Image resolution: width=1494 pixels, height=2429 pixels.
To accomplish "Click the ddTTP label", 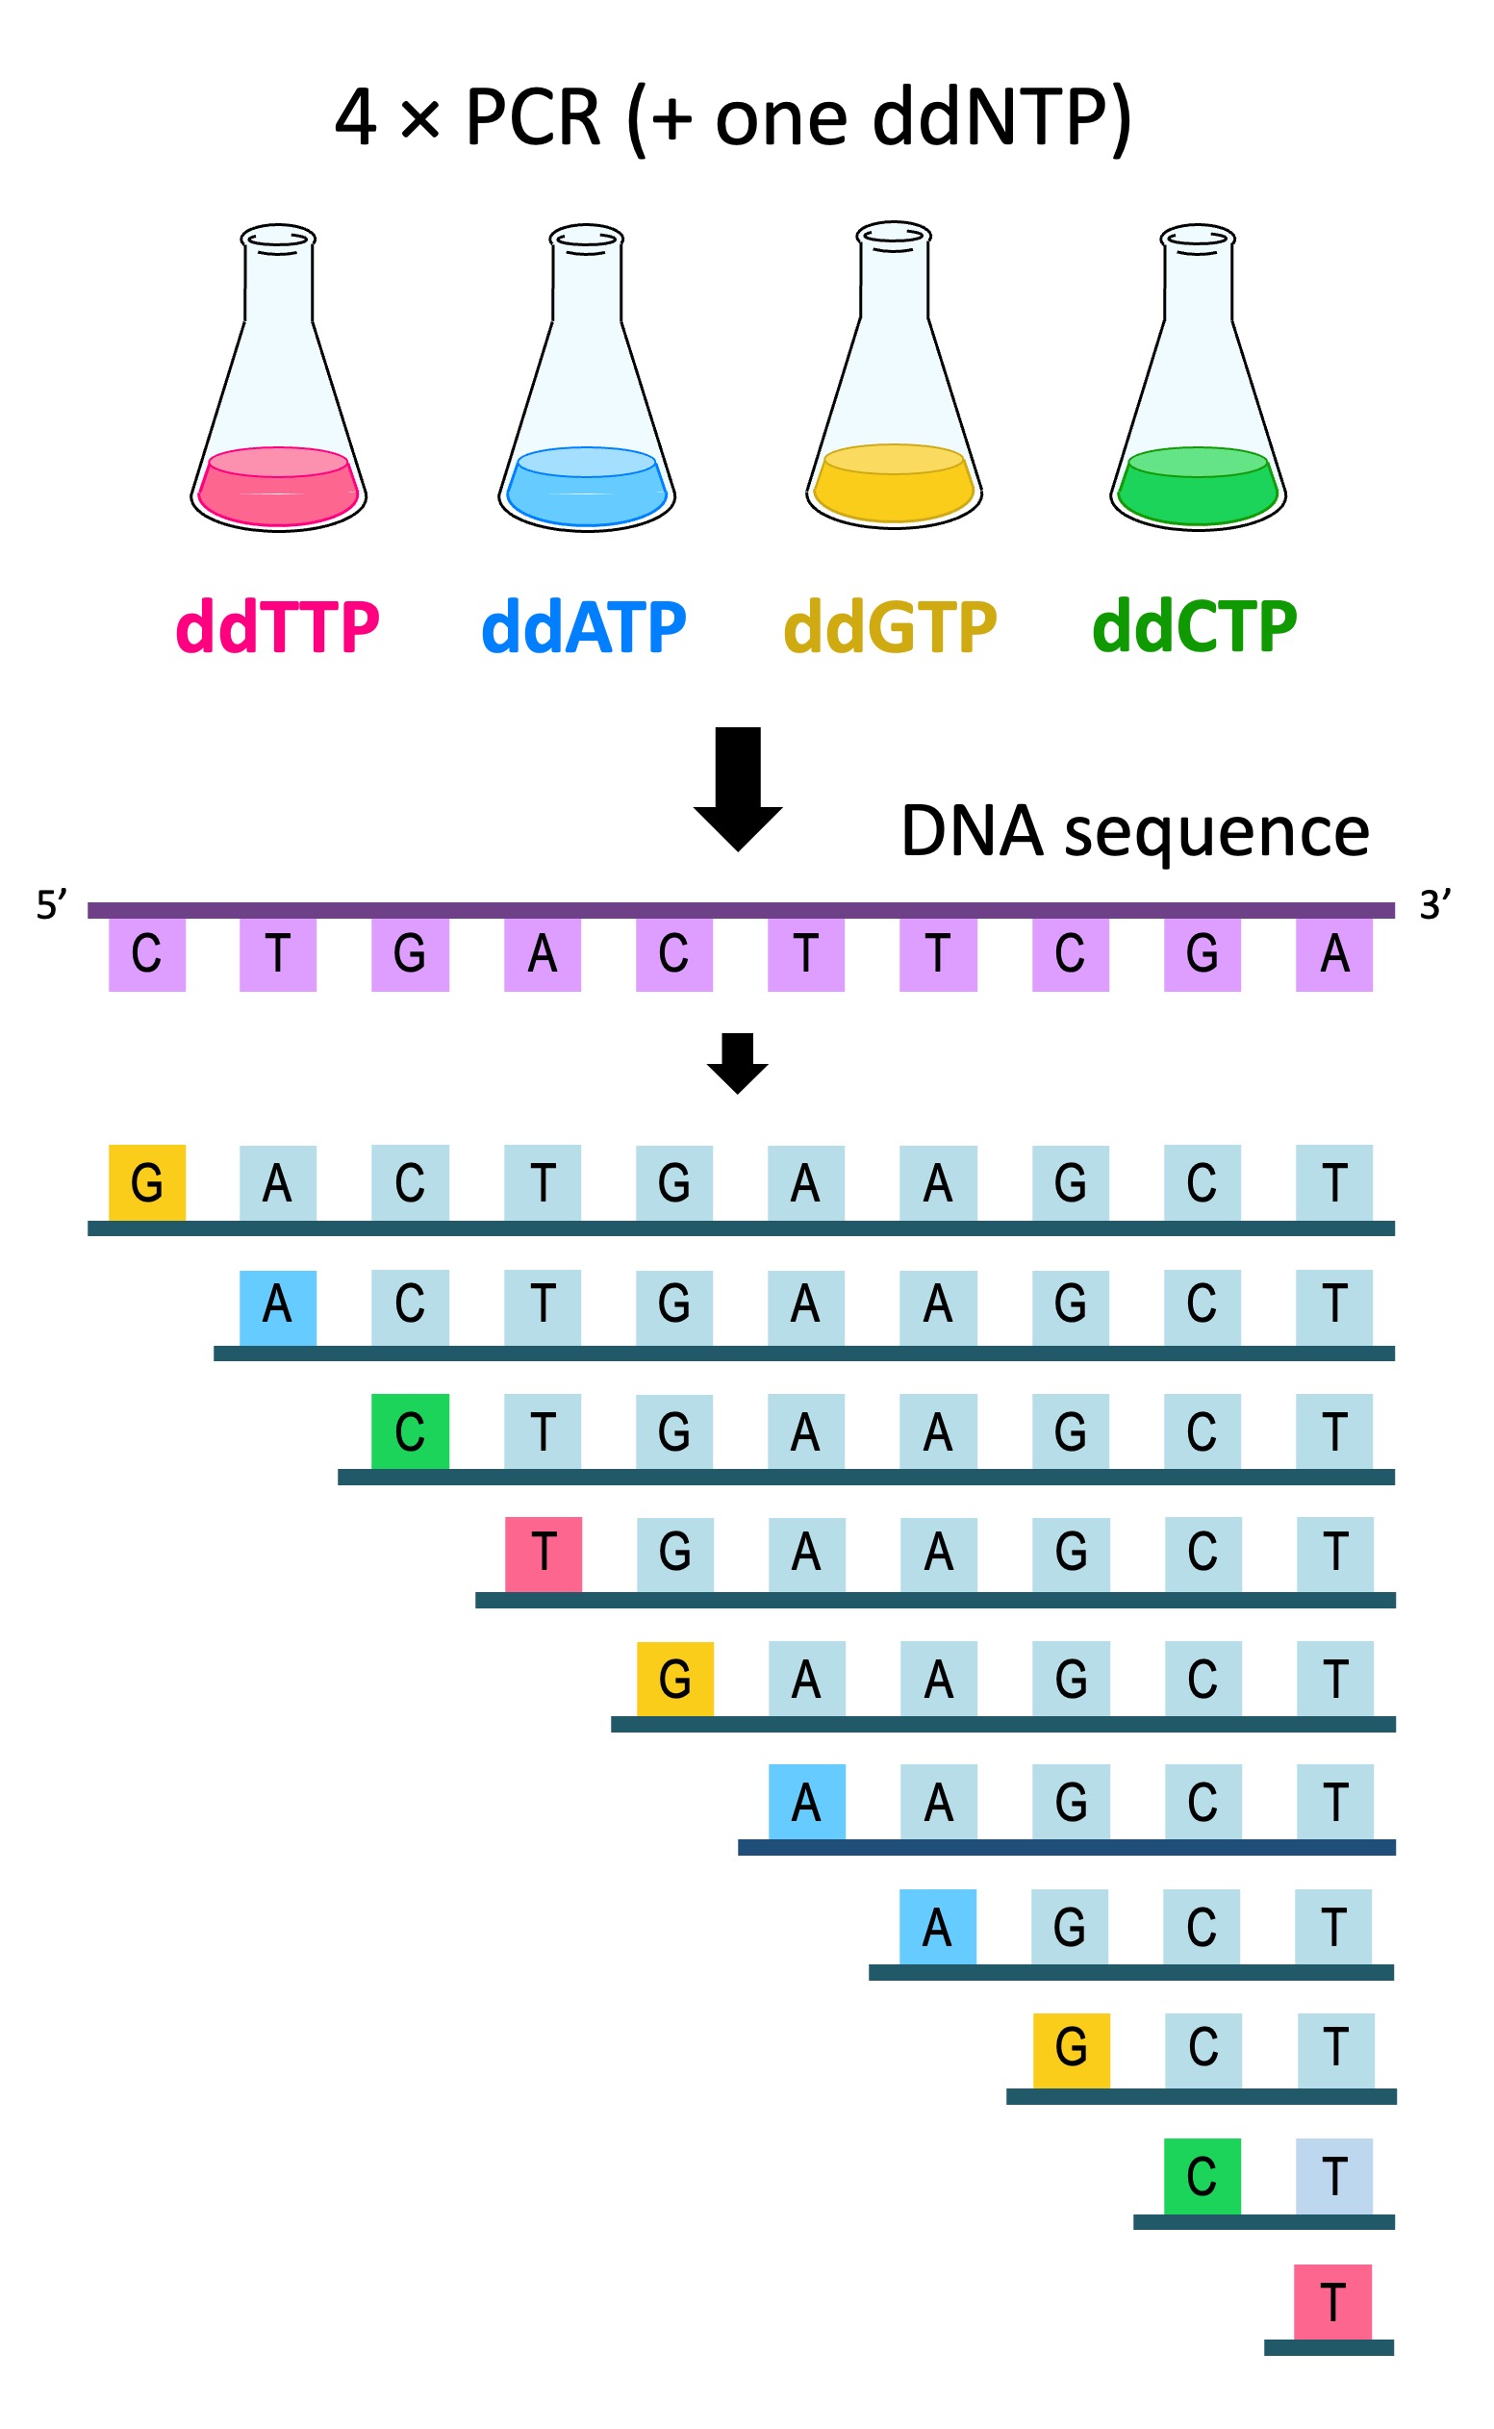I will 278,628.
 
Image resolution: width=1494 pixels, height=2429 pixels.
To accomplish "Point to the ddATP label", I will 583,628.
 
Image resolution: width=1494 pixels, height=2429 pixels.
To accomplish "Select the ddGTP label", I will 889,628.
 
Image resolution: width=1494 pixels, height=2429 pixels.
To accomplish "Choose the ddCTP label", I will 1194,628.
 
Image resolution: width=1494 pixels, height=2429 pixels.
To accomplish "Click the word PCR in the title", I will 533,118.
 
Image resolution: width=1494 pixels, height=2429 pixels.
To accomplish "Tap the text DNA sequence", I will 1134,832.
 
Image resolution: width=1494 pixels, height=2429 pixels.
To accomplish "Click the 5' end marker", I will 51,905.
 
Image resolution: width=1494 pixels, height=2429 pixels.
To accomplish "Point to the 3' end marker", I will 1434,905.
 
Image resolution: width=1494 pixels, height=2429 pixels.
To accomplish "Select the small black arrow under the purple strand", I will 737,1063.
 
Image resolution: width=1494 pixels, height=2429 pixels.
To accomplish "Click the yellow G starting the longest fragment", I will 147,1182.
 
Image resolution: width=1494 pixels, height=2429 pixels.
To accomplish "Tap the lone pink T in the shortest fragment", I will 1332,2303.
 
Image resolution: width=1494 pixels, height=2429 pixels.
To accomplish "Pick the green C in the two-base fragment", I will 1202,2177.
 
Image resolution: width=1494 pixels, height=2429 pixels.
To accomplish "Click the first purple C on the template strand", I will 147,954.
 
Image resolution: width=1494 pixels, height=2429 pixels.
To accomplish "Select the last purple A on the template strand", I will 1334,954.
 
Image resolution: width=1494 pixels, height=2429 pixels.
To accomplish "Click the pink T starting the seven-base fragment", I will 544,1554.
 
